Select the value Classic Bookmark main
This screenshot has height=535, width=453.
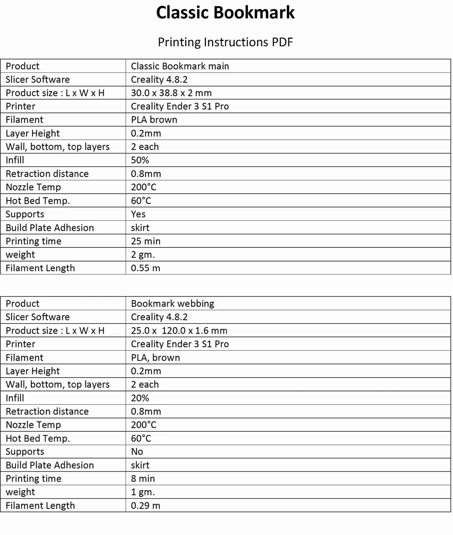click(180, 66)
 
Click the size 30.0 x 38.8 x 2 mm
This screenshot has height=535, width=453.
click(171, 93)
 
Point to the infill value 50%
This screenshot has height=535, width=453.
click(140, 160)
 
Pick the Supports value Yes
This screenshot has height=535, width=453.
click(138, 214)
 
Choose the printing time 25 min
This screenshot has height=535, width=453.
click(146, 241)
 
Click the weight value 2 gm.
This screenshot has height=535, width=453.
click(143, 255)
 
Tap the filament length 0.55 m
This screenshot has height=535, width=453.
click(145, 268)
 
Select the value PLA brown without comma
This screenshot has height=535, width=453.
click(154, 120)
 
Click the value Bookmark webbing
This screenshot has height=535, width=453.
click(172, 304)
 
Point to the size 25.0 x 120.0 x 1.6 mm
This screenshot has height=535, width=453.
click(179, 331)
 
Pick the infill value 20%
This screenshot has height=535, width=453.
click(140, 398)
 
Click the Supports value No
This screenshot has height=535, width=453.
click(137, 452)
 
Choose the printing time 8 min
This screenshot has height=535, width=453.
click(143, 479)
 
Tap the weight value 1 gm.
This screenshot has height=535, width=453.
click(143, 492)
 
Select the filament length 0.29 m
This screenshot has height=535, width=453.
click(145, 506)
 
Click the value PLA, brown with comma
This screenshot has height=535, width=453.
click(155, 358)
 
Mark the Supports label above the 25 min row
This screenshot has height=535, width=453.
click(25, 214)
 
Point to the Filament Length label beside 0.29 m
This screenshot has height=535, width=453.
click(40, 506)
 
